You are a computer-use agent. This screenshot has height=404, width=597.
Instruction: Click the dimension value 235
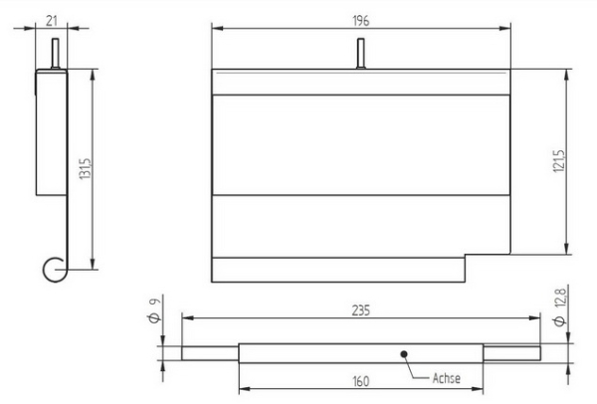(x=360, y=311)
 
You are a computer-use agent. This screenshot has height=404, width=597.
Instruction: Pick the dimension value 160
(x=360, y=379)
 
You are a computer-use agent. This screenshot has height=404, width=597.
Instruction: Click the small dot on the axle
(x=403, y=352)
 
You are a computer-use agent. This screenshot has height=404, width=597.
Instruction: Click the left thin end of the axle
(x=209, y=352)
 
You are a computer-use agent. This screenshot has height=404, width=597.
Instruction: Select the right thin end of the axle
(x=512, y=352)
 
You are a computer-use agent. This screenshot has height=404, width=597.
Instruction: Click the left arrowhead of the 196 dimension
(x=217, y=29)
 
